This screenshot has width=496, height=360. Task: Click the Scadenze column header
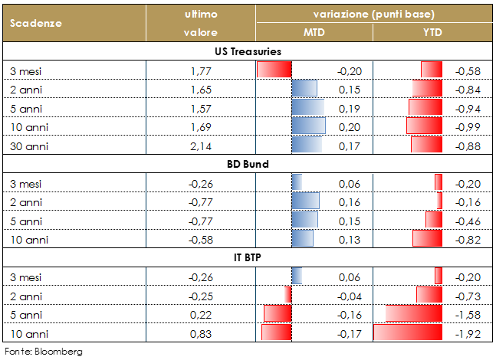37,22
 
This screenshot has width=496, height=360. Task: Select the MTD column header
314,33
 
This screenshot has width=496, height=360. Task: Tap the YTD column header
433,33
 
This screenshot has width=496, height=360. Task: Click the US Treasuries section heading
248,51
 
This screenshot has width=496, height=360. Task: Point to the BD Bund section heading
248,164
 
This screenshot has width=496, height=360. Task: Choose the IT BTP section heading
248,257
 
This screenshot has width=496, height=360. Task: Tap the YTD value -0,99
468,126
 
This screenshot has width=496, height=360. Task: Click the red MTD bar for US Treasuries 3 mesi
274,70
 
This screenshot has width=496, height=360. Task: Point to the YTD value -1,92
468,333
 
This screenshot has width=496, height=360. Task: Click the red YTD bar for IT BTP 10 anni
408,333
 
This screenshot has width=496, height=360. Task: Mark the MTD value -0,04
349,295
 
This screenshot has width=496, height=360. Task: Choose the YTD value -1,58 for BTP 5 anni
468,314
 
